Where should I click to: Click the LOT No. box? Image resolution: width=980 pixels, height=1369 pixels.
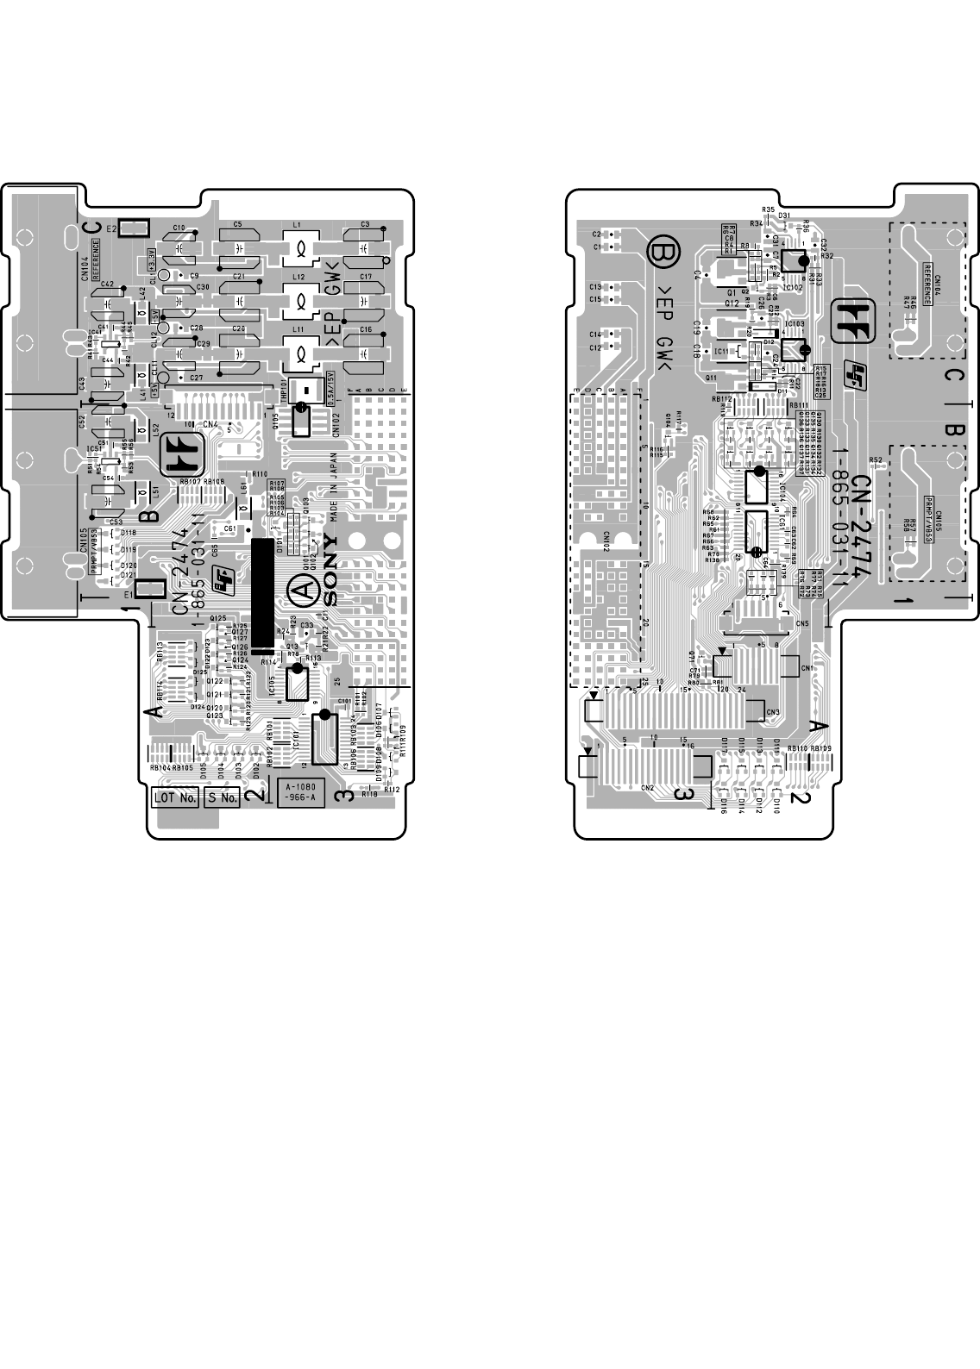tap(175, 798)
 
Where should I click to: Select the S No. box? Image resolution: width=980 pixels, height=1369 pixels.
tap(222, 798)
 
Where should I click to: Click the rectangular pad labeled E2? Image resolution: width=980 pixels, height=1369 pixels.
tap(135, 228)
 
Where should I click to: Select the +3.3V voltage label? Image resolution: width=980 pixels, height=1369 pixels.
tap(151, 258)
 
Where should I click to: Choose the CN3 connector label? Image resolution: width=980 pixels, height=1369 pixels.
tap(773, 712)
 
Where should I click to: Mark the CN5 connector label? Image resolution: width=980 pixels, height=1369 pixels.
tap(802, 623)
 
